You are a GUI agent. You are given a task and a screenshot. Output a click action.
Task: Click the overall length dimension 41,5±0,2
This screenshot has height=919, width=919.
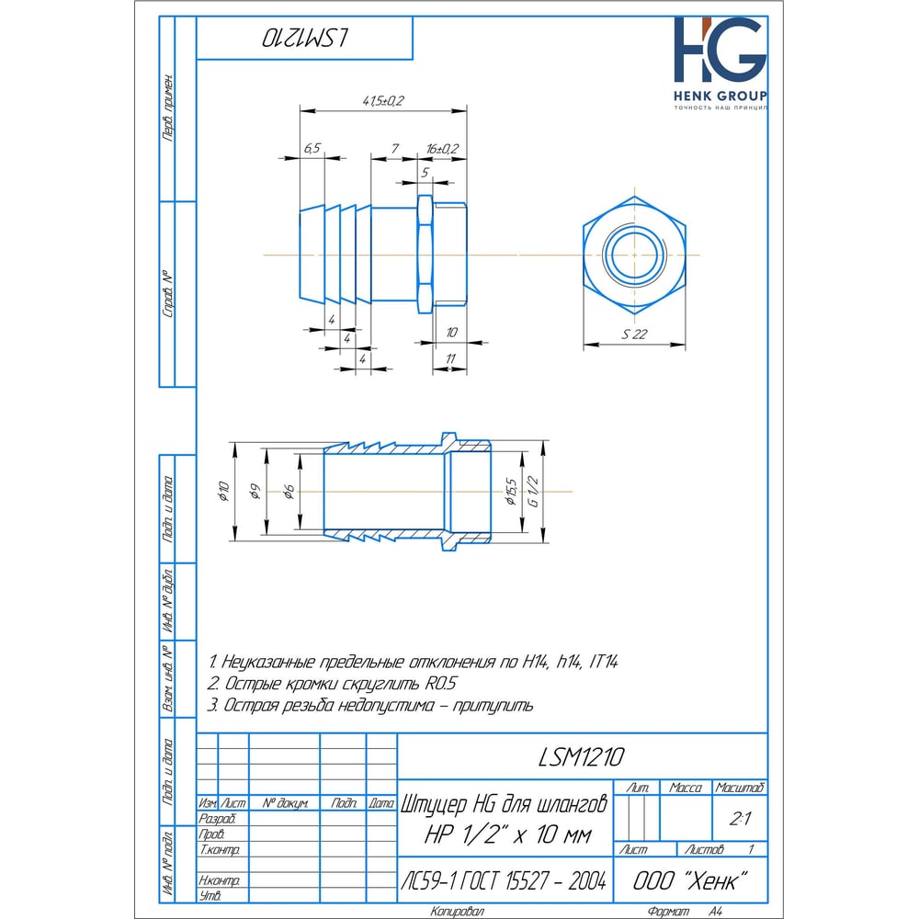click(x=383, y=101)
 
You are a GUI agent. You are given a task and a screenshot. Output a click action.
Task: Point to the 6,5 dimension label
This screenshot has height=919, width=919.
click(x=312, y=148)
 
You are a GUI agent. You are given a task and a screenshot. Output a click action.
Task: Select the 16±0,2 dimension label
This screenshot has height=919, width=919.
click(x=442, y=149)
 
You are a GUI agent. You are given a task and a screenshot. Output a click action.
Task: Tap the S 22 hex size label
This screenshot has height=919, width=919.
click(x=634, y=335)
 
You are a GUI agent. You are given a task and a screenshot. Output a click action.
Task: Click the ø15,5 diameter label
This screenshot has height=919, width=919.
click(x=511, y=491)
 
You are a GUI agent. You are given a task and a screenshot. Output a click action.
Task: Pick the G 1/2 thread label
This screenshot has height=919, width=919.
click(x=533, y=491)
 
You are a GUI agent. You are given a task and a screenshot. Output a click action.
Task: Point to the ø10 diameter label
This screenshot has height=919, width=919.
click(x=223, y=491)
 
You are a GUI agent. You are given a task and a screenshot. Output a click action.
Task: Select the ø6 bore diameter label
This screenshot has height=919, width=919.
click(x=289, y=492)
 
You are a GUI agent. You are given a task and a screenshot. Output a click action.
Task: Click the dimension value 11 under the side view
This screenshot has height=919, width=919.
click(x=450, y=358)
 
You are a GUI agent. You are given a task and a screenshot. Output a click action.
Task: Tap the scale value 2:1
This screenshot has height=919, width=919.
click(x=740, y=819)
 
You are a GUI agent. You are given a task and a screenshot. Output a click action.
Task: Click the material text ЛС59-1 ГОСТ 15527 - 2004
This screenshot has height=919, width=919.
click(x=504, y=880)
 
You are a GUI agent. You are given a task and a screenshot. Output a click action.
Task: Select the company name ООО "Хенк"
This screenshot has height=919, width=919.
click(x=690, y=880)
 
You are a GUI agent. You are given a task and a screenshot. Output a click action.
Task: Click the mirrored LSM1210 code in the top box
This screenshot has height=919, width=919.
click(x=305, y=38)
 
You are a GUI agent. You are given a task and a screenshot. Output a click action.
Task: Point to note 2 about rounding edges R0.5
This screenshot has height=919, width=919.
click(x=332, y=684)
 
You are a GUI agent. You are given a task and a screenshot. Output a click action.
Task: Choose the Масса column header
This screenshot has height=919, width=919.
click(x=686, y=788)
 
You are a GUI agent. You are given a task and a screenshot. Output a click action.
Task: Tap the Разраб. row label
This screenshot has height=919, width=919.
click(x=217, y=819)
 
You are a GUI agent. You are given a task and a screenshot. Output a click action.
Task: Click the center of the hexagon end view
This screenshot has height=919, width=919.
click(x=634, y=255)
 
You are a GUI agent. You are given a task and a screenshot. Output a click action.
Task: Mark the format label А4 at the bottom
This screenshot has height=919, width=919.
click(x=715, y=911)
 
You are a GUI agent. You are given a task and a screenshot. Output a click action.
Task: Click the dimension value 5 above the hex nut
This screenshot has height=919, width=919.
click(x=425, y=173)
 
